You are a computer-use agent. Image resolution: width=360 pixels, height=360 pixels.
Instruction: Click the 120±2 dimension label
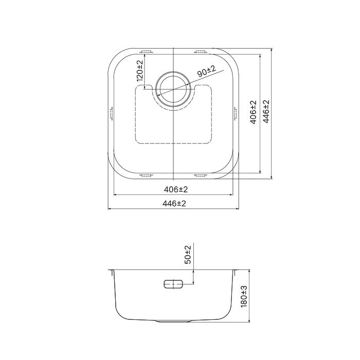point(139,71)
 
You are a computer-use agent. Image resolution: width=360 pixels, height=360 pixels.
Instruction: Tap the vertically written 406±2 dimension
point(253,113)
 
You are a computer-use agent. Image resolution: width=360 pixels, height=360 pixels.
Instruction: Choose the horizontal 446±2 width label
point(174,204)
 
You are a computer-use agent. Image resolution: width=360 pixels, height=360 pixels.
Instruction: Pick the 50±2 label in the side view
point(188,255)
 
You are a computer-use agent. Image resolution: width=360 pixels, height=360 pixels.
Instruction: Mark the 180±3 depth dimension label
point(244,297)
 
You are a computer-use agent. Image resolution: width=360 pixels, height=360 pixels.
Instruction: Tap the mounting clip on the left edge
point(111,113)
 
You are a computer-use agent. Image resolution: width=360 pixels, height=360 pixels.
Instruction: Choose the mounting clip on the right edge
point(237,113)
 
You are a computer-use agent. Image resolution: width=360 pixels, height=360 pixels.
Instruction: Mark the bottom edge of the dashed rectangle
point(174,142)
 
